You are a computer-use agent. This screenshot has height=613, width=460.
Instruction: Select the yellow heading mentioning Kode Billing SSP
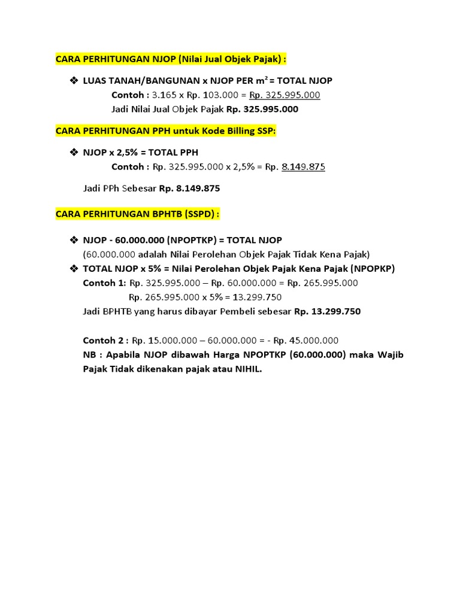click(x=166, y=131)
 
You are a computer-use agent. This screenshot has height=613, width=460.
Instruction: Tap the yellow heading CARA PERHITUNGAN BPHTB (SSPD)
click(x=138, y=214)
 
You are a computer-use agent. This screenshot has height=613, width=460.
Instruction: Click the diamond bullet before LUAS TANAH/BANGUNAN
click(x=74, y=81)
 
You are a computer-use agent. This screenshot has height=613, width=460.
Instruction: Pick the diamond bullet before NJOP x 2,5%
click(x=74, y=153)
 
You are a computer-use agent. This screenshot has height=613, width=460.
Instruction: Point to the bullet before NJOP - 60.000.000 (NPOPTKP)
click(x=74, y=240)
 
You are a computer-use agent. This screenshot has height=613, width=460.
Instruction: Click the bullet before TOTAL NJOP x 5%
click(x=74, y=269)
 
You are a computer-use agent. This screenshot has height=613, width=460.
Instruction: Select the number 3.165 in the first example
click(x=164, y=95)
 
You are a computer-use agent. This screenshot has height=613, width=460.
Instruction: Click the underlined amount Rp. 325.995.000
click(x=285, y=95)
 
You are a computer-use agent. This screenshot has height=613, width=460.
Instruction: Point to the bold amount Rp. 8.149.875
click(x=189, y=189)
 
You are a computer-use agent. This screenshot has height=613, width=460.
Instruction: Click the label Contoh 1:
click(x=104, y=283)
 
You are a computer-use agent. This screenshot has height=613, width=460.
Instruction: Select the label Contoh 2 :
click(x=105, y=341)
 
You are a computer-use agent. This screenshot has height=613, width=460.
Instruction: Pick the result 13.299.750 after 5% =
click(x=257, y=298)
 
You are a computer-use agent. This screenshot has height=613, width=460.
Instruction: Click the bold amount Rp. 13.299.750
click(x=327, y=312)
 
